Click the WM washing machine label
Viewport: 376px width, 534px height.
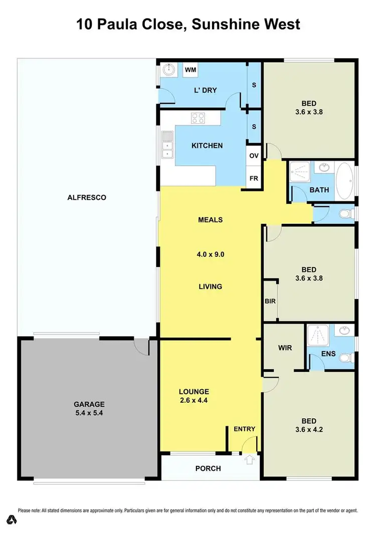pos(191,70)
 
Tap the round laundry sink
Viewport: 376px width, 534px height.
pos(169,70)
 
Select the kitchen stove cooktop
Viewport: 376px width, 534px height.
pos(198,118)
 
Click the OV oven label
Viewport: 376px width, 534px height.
pos(254,155)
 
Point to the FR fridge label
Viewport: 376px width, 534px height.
pos(254,179)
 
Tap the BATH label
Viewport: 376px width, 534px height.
pos(319,190)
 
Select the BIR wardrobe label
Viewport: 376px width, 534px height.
pos(270,301)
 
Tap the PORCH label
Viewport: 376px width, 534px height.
pos(208,468)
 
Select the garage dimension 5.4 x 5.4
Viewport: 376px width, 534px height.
pos(89,413)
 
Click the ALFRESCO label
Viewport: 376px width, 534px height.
pos(87,197)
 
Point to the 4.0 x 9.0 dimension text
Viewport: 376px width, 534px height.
pos(210,254)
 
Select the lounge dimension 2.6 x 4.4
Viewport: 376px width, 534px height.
pos(194,400)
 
